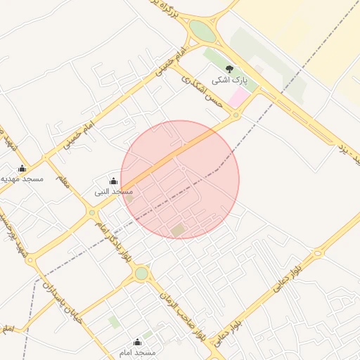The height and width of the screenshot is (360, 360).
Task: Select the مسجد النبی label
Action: pos(114,191)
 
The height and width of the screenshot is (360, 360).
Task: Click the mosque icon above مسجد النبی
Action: pos(114,181)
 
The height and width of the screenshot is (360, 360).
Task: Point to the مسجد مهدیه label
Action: pos(22,179)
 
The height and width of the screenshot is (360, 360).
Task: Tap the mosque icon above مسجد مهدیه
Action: pos(22,168)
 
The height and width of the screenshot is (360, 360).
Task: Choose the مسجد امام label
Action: pos(136,352)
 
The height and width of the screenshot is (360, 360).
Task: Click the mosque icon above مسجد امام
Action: pos(137,342)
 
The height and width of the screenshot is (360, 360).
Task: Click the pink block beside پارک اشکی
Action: pos(240,97)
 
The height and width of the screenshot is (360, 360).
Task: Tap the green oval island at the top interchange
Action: pos(202,31)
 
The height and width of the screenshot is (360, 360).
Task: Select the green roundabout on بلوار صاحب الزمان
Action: pos(142,273)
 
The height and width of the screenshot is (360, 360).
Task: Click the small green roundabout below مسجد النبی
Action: pos(92,212)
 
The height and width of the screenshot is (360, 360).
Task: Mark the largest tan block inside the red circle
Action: pos(178,230)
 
